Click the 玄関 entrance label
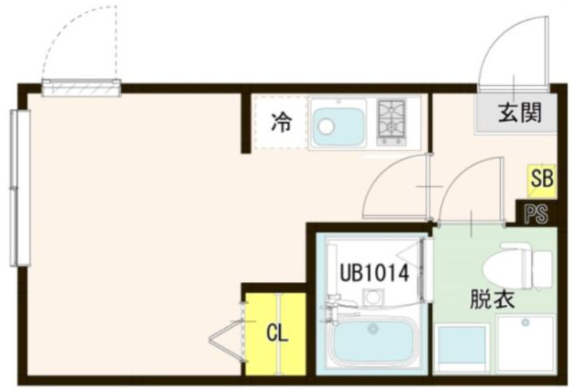pyautogui.click(x=521, y=113)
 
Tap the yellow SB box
pyautogui.click(x=541, y=182)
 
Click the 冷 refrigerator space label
pyautogui.click(x=282, y=123)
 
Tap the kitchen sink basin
pyautogui.click(x=339, y=124)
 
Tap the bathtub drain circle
pyautogui.click(x=373, y=330)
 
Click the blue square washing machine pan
pyautogui.click(x=462, y=349)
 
